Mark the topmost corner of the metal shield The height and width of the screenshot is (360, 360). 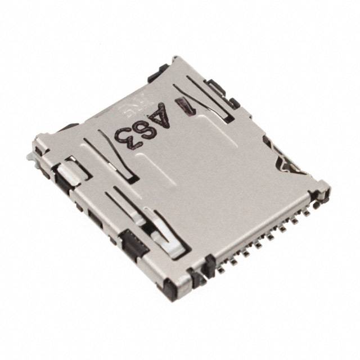click(x=176, y=57)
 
